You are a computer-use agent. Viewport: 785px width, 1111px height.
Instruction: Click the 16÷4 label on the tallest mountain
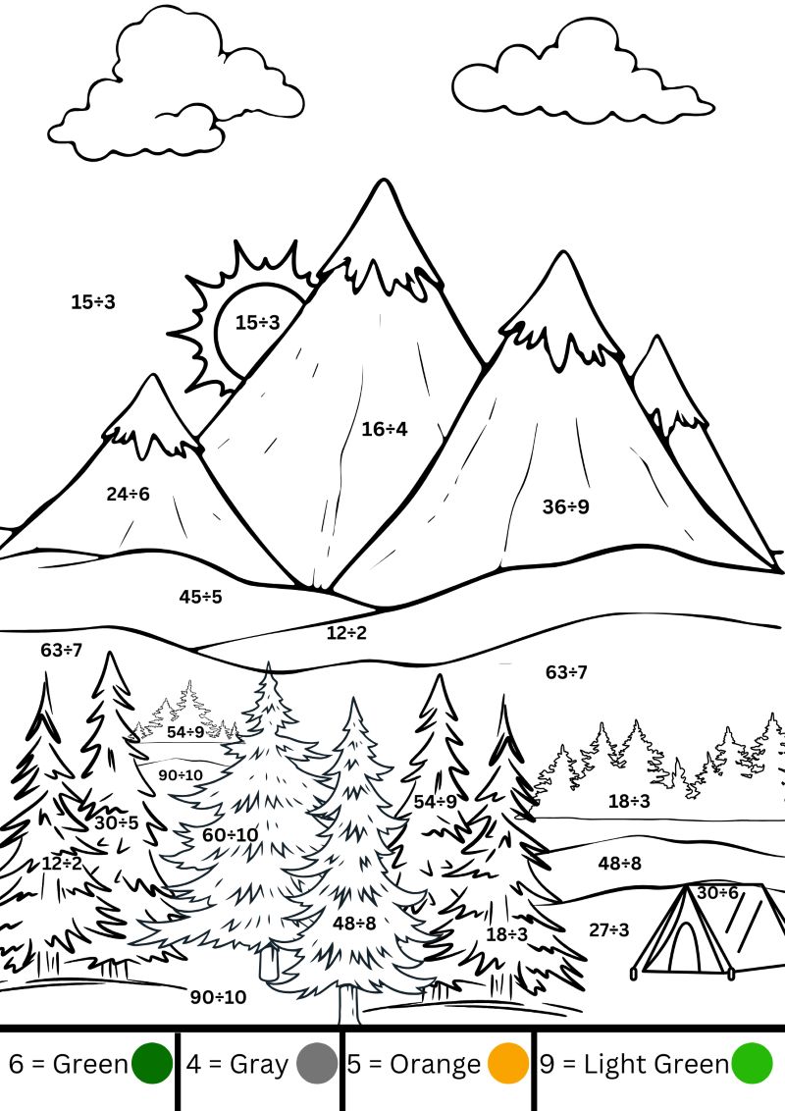(384, 429)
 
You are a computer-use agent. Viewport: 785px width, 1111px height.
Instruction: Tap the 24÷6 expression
(129, 494)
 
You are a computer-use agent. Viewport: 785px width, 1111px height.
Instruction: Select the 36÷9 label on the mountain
(565, 506)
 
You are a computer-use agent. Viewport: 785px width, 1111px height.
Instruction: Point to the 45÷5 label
(200, 597)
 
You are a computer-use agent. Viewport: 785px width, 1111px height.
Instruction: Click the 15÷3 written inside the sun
(258, 322)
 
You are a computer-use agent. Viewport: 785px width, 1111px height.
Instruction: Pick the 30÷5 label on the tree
(117, 822)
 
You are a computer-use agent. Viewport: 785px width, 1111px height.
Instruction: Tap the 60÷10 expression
(231, 834)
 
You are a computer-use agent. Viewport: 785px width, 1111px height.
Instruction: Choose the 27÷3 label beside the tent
(608, 929)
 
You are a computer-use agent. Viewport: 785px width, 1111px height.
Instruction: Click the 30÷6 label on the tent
(717, 893)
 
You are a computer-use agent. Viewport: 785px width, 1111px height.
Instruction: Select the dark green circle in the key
(152, 1064)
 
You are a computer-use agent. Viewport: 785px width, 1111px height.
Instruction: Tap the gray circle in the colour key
(317, 1064)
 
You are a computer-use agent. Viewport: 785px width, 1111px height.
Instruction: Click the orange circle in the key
(508, 1064)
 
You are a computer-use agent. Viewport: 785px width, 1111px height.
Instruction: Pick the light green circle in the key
(752, 1064)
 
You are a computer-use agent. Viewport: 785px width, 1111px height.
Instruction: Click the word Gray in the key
(259, 1065)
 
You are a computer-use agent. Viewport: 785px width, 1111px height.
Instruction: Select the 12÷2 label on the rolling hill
(346, 633)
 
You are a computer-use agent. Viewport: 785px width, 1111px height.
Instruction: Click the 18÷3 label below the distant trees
(629, 802)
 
